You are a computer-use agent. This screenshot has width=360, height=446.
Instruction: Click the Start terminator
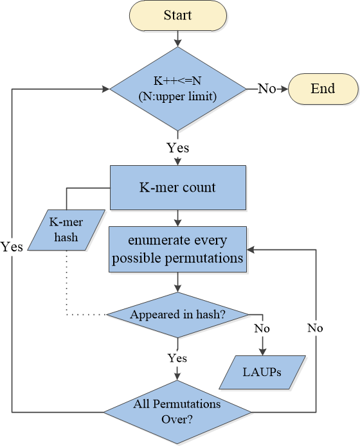[x=178, y=15]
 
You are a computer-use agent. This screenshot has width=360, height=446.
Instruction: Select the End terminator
[x=323, y=89]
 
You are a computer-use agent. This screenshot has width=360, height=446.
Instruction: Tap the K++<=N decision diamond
[x=178, y=89]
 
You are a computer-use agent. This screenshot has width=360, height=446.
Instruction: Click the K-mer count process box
[x=178, y=188]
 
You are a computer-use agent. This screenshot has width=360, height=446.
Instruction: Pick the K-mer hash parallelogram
[x=66, y=230]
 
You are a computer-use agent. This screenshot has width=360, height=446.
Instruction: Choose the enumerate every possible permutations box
[x=177, y=249]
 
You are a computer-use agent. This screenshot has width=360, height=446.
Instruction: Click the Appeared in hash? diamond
[x=177, y=315]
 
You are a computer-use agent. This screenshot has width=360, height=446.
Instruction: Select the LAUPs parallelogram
[x=262, y=372]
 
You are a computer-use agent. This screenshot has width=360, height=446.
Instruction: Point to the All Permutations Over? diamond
[x=177, y=412]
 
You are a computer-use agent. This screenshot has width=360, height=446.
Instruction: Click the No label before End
[x=267, y=89]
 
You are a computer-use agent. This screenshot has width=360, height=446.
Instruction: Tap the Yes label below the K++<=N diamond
[x=178, y=148]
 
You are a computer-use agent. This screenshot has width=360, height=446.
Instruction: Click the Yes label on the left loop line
[x=12, y=247]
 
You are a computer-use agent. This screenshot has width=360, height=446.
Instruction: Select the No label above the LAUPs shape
[x=262, y=328]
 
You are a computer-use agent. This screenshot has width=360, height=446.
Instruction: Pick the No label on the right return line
[x=315, y=328]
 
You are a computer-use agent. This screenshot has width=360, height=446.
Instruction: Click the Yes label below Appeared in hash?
[x=177, y=358]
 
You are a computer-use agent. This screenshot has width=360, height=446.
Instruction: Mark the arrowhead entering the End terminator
[x=285, y=89]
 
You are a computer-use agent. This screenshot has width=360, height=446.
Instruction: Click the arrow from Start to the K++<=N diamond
[x=178, y=39]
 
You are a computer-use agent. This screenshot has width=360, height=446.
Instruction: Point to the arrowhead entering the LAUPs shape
[x=262, y=352]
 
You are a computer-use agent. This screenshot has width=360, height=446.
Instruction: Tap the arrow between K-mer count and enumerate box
[x=178, y=218]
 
